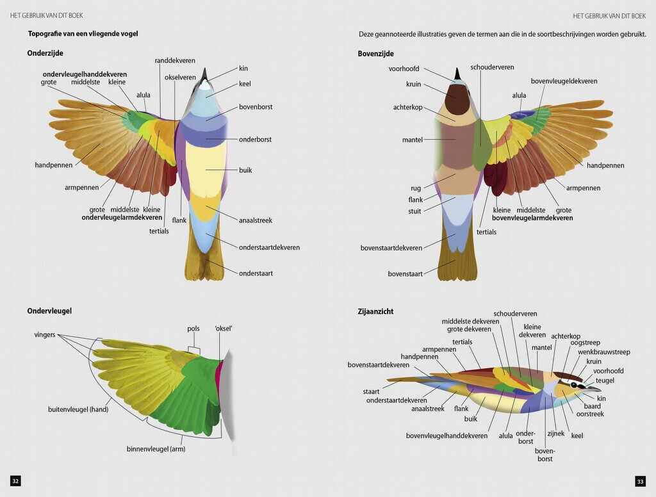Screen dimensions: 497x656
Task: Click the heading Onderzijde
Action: click(45, 53)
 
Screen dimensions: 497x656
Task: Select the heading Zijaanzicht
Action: click(375, 312)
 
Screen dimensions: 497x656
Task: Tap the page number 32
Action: click(15, 481)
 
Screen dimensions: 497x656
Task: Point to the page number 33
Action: click(640, 481)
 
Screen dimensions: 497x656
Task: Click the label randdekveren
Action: click(175, 61)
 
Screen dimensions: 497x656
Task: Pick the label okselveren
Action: click(180, 77)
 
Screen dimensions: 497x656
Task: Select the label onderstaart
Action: click(256, 273)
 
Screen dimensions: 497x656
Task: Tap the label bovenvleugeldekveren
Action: click(564, 81)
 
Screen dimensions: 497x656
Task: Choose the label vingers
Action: click(45, 335)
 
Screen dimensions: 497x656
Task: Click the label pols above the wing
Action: click(193, 329)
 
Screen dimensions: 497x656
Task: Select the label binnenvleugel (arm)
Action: click(156, 449)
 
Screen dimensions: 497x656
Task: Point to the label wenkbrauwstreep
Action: click(604, 352)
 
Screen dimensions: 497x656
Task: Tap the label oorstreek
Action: click(589, 414)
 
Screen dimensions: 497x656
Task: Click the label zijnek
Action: click(555, 434)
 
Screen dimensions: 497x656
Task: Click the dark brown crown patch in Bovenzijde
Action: click(459, 101)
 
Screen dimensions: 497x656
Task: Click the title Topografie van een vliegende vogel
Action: click(83, 33)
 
